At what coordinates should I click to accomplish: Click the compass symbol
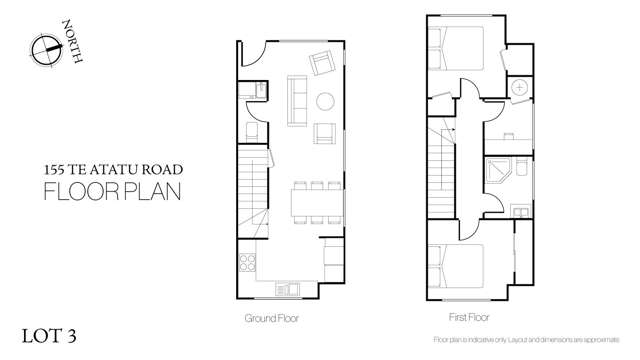tap(45, 48)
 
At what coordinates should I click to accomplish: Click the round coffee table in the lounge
tap(326, 100)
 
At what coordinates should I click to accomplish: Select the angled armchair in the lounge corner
tap(323, 64)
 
